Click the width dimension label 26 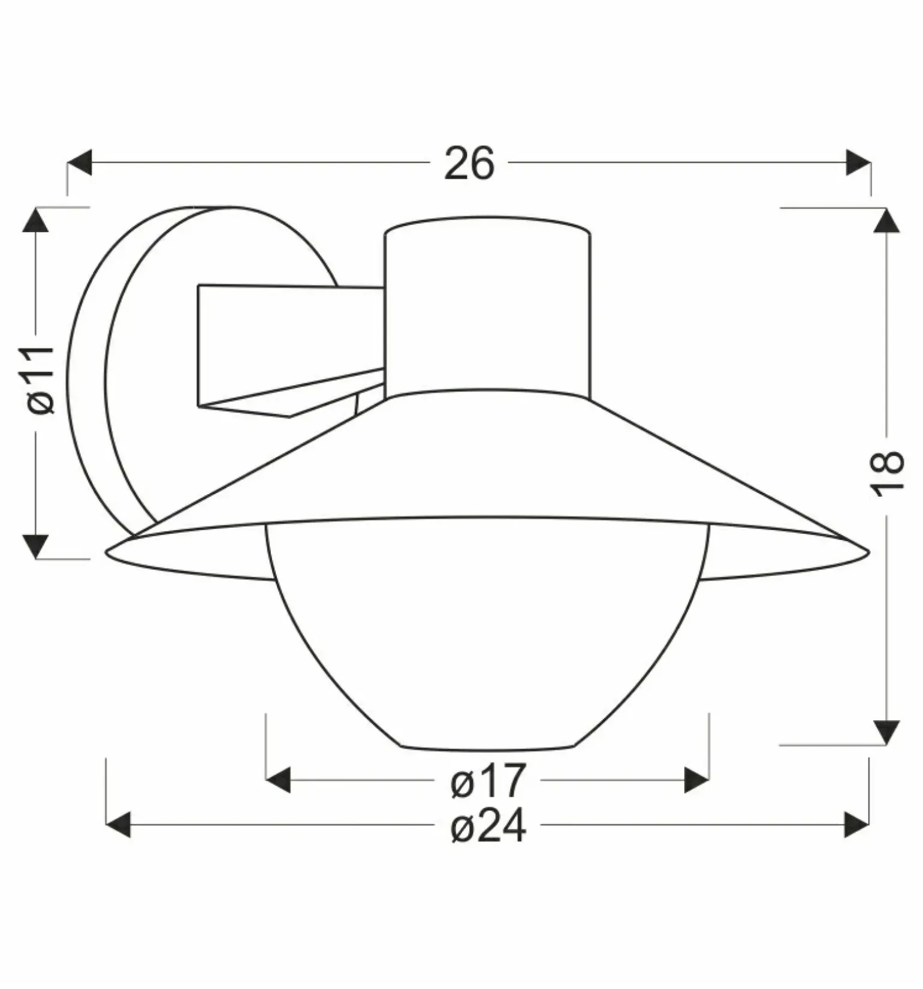tap(469, 163)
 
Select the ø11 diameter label tap(41, 380)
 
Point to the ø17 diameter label tap(488, 780)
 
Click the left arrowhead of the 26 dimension tap(79, 163)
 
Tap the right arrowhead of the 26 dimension tap(858, 163)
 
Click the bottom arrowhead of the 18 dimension tap(886, 732)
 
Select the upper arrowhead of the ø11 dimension tap(35, 220)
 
